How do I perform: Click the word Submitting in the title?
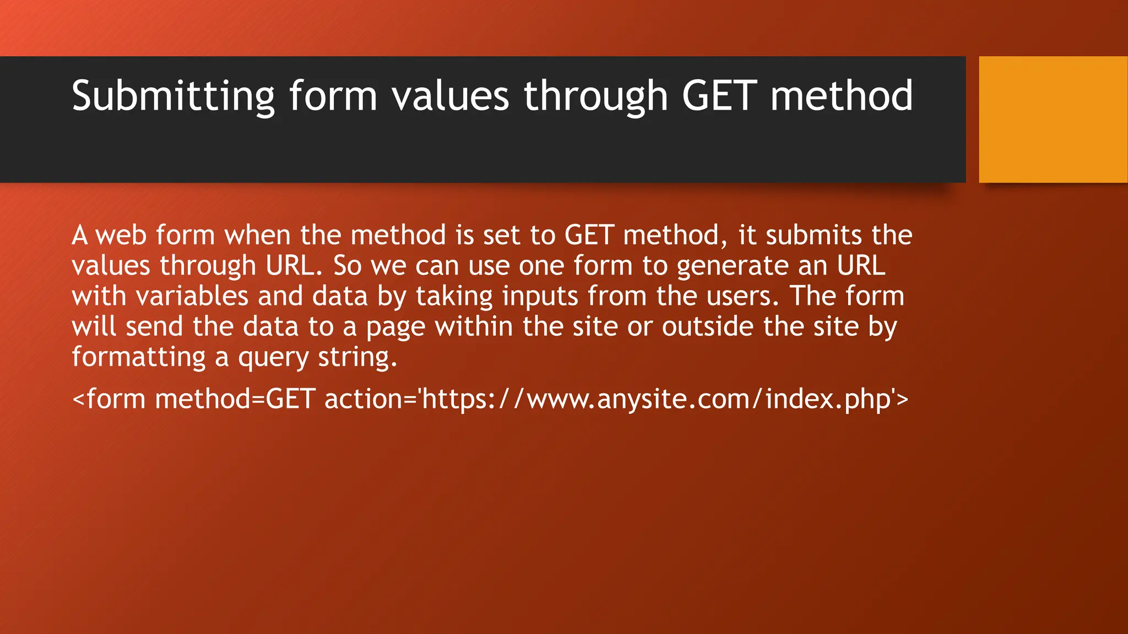click(172, 96)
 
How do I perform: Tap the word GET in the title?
click(719, 96)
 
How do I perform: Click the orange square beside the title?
click(1053, 119)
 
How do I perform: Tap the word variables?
click(192, 297)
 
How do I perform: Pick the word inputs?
click(540, 297)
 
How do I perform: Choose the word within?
click(474, 327)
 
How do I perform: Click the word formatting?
click(138, 358)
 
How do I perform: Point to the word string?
click(357, 358)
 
